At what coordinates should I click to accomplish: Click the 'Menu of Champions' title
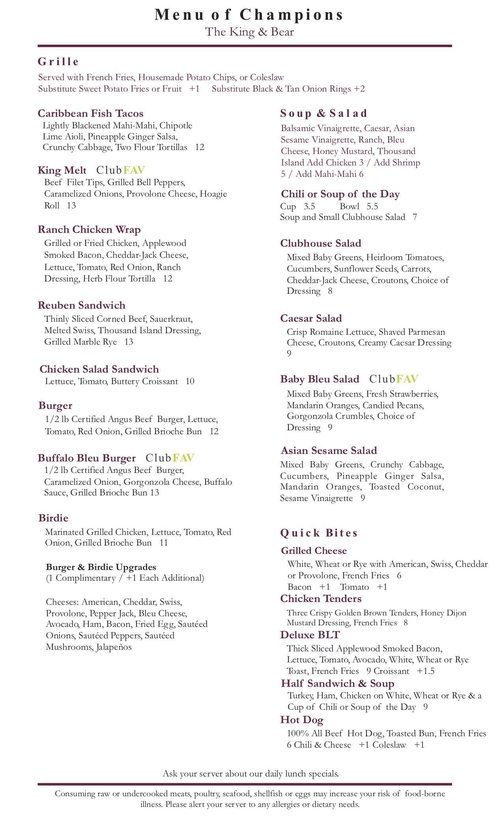[249, 15]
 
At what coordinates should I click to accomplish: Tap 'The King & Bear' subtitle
[249, 32]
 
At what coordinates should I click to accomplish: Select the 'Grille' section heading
[58, 62]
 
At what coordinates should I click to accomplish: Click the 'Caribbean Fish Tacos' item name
[90, 114]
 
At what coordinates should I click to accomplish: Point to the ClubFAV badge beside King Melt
[121, 170]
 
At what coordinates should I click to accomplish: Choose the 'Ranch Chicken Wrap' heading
[89, 230]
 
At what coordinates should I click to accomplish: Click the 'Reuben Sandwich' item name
[82, 305]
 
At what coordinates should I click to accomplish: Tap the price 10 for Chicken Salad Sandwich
[190, 381]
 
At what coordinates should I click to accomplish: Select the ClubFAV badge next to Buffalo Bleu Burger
[170, 458]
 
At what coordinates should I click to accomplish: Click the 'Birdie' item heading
[53, 518]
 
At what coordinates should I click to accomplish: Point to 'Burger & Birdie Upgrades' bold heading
[101, 567]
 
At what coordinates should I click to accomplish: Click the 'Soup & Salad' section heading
[323, 114]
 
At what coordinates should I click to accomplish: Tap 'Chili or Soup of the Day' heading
[340, 194]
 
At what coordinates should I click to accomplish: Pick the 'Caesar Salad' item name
[311, 318]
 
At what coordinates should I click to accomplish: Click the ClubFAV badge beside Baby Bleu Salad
[394, 379]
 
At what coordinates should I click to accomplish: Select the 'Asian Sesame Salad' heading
[329, 450]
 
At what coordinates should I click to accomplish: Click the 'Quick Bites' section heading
[319, 533]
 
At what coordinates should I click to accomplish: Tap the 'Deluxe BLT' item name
[310, 635]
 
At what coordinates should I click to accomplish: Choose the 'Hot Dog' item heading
[302, 720]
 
